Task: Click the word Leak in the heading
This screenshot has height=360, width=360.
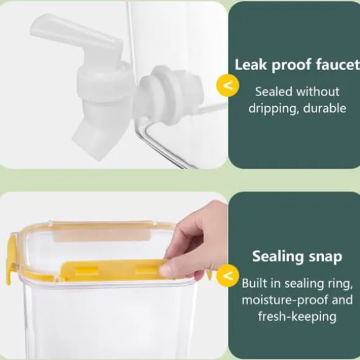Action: click(x=251, y=65)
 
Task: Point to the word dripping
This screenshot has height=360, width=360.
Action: click(x=274, y=109)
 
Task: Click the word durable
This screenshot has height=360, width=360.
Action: click(x=325, y=108)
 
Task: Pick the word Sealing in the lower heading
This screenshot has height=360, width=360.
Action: click(x=278, y=257)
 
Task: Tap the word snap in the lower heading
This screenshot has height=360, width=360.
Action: click(x=326, y=257)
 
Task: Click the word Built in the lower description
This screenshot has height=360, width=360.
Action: click(x=254, y=283)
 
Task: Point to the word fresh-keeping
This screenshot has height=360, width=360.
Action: click(x=297, y=317)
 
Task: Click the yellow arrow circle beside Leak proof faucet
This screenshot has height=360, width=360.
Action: click(x=228, y=85)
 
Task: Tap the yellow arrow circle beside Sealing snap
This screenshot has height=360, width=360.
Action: click(x=228, y=276)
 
